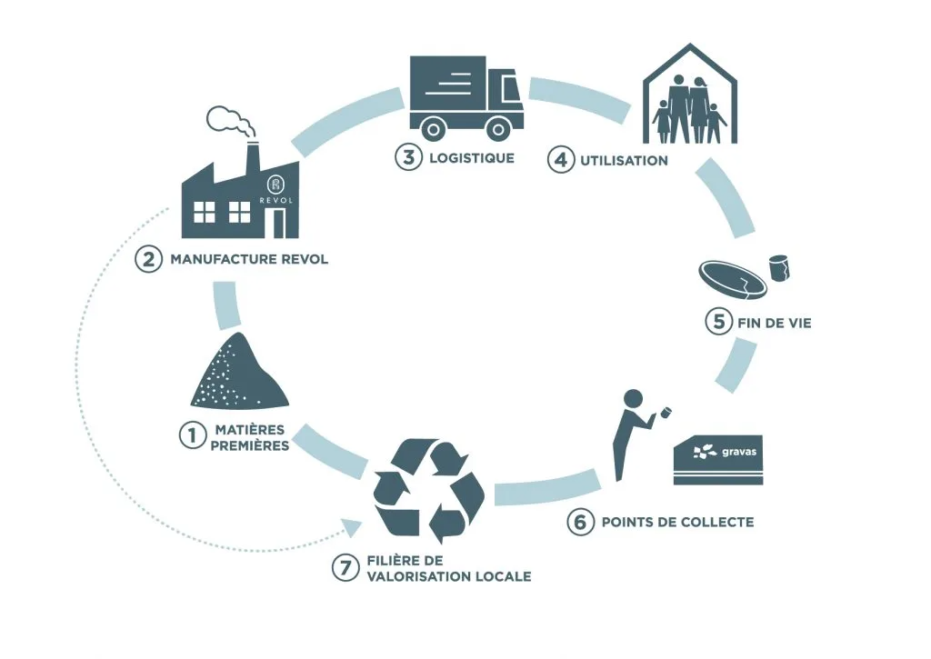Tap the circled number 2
(148, 259)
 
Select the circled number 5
(718, 321)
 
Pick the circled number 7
(343, 569)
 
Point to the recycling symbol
(429, 487)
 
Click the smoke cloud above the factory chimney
(230, 120)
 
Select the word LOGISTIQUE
(472, 157)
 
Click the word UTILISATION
(624, 161)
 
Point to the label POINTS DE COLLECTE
(677, 523)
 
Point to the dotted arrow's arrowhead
(349, 525)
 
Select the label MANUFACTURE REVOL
(249, 259)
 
